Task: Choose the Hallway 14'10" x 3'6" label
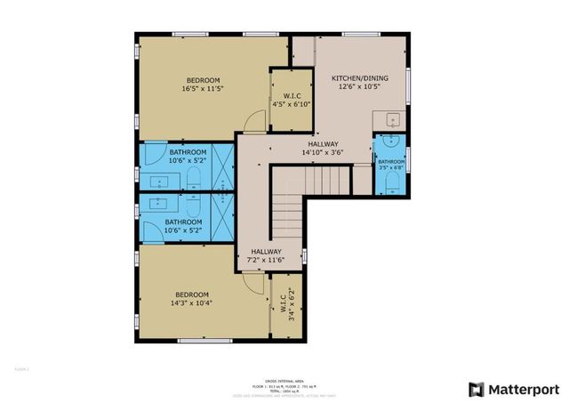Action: click(323, 148)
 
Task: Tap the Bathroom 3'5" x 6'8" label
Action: click(390, 165)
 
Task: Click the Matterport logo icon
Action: click(477, 389)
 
